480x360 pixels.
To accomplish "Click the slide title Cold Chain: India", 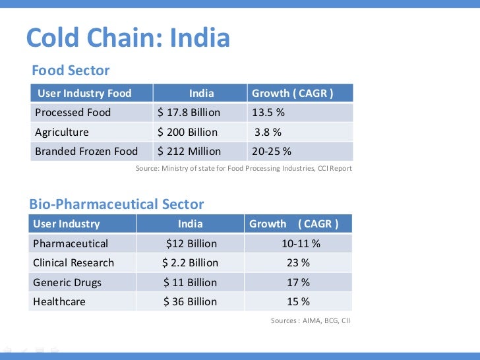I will tap(128, 39).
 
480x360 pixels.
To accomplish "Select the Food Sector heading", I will tap(71, 71).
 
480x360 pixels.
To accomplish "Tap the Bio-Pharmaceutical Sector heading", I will tap(117, 204).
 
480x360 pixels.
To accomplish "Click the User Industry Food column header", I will tap(84, 93).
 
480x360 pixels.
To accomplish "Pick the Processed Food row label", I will tap(73, 112).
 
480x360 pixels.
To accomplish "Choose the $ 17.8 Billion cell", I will tap(189, 112).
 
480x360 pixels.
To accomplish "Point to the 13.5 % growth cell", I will tap(268, 112).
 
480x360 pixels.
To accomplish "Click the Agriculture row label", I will tap(62, 132).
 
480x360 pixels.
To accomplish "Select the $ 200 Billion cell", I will tap(187, 132).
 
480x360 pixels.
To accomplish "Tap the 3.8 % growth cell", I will tap(268, 132).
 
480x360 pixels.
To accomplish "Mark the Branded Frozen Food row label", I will tap(86, 151).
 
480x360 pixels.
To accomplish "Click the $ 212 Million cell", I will tap(189, 151).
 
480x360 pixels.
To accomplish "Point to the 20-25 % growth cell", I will tap(272, 151).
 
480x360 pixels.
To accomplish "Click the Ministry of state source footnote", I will tap(244, 169).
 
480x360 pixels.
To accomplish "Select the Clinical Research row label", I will tap(74, 262).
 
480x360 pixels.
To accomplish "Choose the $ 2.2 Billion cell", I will tap(190, 262).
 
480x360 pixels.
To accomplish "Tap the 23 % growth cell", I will tap(298, 262).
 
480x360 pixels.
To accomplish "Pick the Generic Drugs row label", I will tap(67, 282).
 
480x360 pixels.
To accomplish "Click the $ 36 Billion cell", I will tap(190, 301).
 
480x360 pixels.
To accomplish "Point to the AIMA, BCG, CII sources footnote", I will tap(310, 320).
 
